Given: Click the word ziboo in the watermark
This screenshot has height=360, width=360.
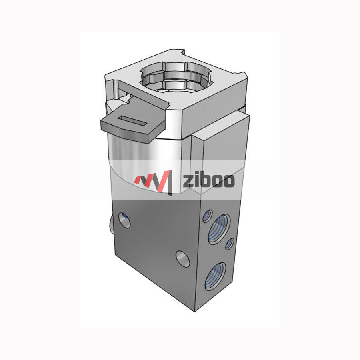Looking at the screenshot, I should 208,181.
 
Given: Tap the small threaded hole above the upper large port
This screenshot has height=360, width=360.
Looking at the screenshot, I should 207,216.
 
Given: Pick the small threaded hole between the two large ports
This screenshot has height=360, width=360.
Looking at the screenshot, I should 229,244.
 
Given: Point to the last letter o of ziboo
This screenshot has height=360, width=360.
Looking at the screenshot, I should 228,181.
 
